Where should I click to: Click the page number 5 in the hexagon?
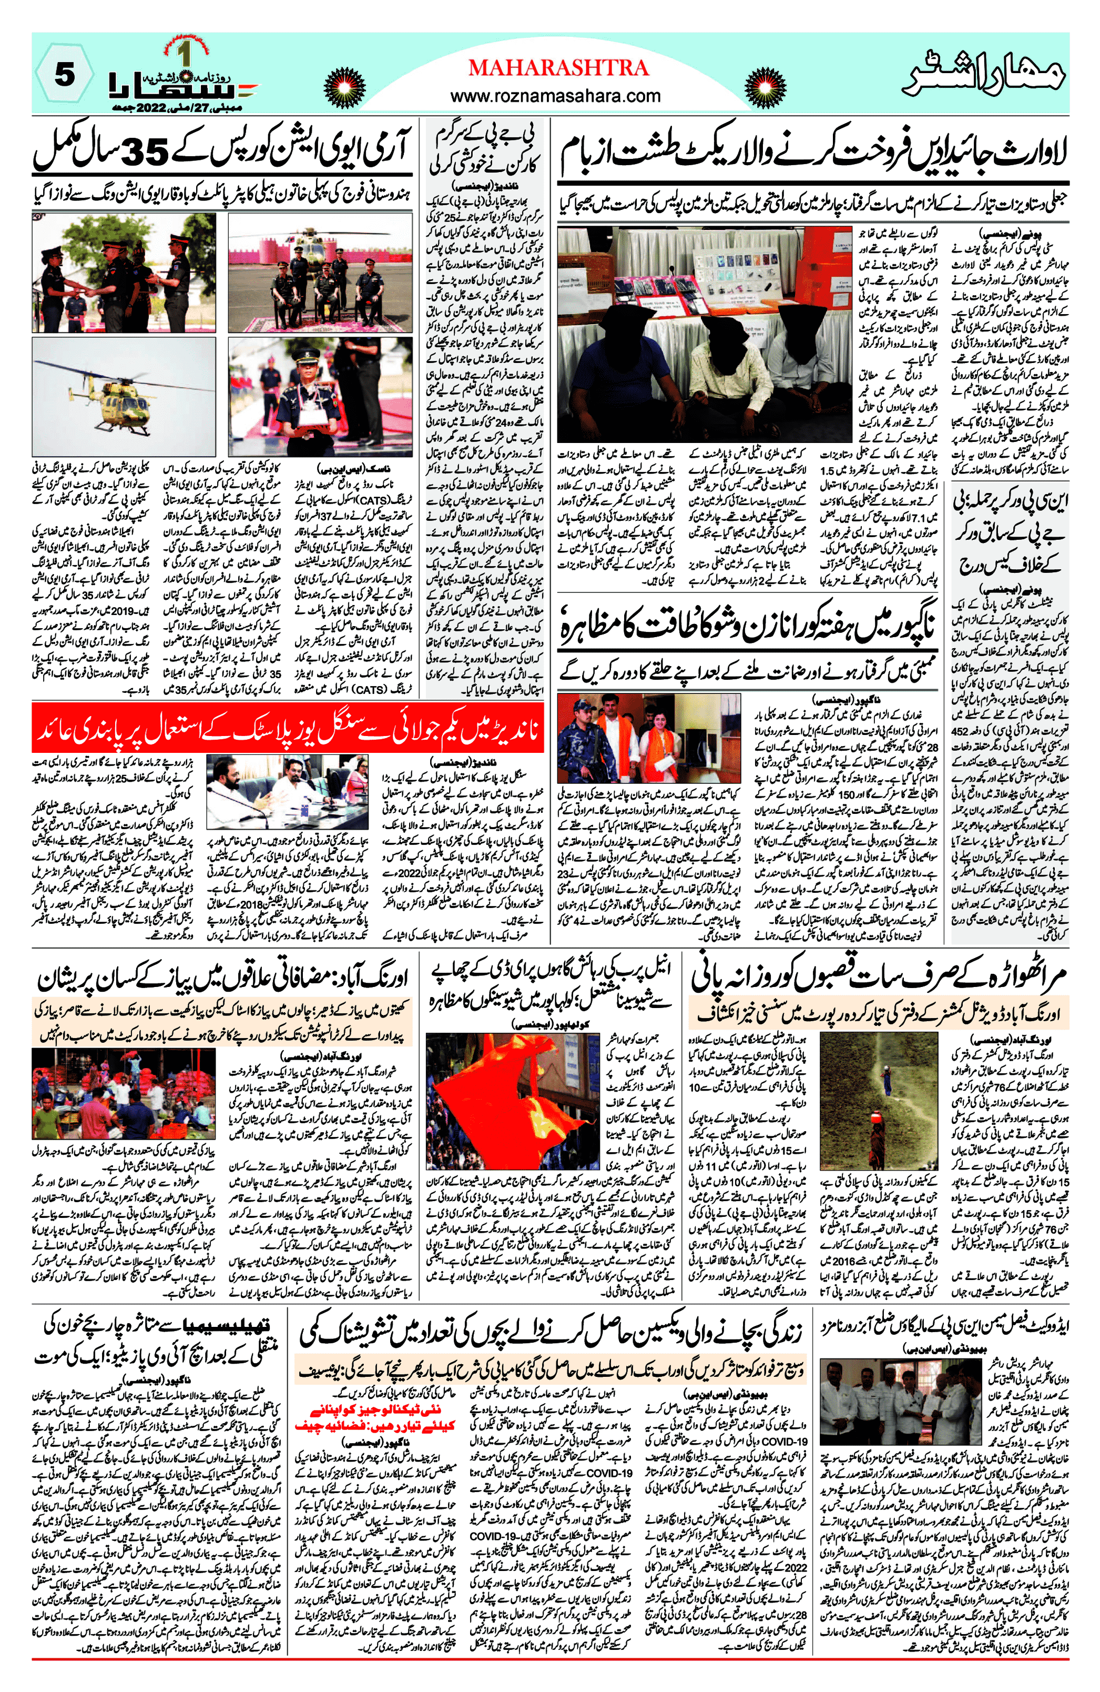point(64,74)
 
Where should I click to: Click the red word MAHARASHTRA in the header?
point(558,67)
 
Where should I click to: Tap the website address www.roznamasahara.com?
point(556,95)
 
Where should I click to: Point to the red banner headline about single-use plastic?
point(288,729)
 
